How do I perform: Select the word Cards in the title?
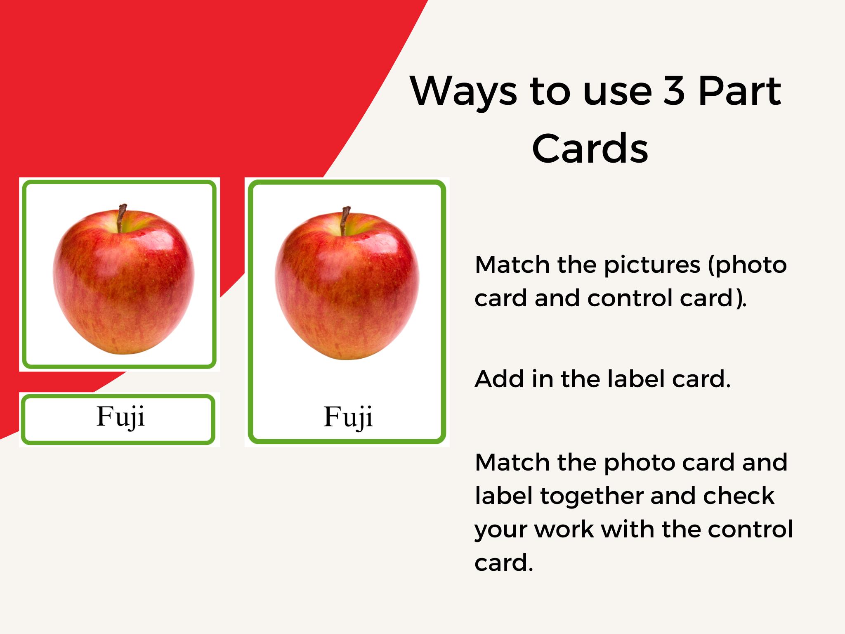[590, 148]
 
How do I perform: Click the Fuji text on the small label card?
[120, 416]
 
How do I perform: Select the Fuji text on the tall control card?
[348, 416]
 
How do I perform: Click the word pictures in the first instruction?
[652, 265]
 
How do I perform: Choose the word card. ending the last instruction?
[504, 563]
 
